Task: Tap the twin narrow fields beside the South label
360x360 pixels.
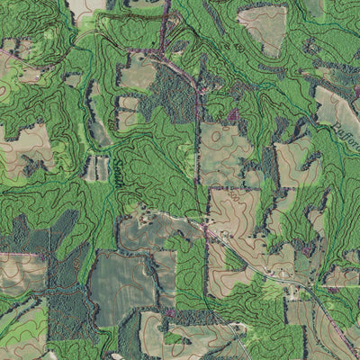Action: click(x=101, y=167)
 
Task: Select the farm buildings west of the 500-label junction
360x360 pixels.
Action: click(x=144, y=216)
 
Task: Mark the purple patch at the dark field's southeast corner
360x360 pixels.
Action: click(x=168, y=312)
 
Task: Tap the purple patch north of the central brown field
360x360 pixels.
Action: click(x=236, y=115)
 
